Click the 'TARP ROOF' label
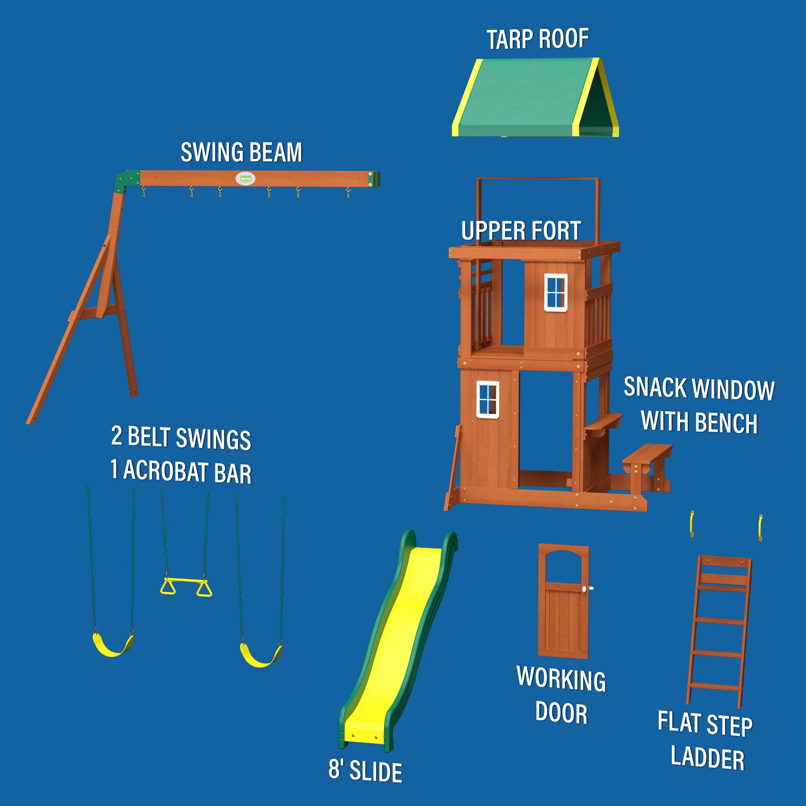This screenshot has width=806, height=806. pos(537,39)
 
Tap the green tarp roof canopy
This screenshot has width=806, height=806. pos(535,97)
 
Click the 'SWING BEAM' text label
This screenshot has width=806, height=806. pos(241,152)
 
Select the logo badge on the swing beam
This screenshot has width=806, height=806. pos(245,179)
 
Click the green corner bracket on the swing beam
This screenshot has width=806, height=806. pos(127,181)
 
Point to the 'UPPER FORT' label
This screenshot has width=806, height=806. pos(521,230)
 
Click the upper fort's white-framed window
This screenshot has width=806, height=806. pos(556,292)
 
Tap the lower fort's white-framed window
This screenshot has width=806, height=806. pos(488,399)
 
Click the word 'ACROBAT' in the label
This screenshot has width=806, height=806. pos(165,471)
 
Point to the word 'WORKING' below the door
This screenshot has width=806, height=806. pos(561,679)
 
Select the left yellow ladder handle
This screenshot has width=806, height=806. pos(692,524)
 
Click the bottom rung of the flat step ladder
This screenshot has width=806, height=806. pos(714,687)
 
